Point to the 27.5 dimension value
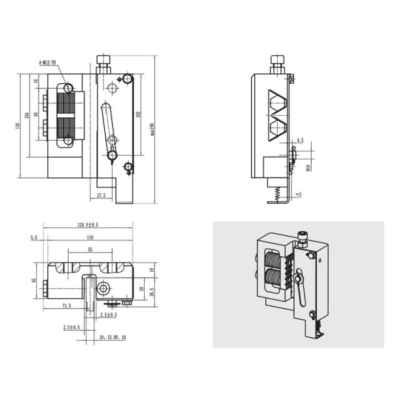[x=101, y=195]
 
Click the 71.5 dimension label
[x=66, y=306]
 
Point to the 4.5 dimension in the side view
[x=300, y=140]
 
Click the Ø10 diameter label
[x=308, y=167]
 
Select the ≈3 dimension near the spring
[x=299, y=194]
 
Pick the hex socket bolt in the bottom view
[x=102, y=289]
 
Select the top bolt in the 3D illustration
[x=303, y=236]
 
